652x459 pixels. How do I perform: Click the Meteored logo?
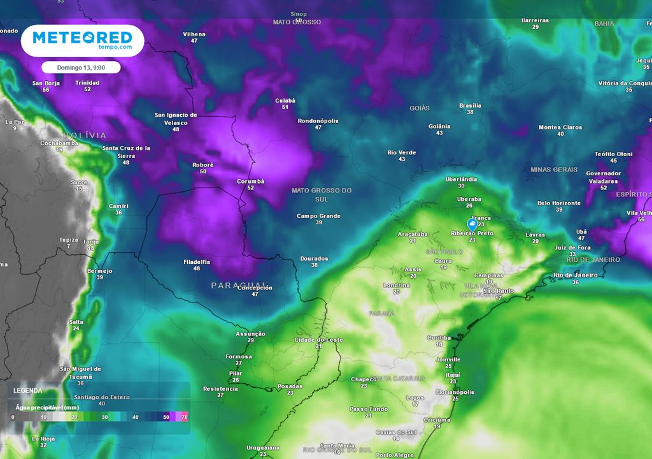coord(82,40)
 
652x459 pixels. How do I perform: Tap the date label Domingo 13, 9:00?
coord(81,67)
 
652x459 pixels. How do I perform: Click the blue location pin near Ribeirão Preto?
coord(472,224)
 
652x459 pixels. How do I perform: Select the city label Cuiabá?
coord(285,100)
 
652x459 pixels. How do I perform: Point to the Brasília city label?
coord(470,105)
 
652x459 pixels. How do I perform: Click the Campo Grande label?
coord(318,216)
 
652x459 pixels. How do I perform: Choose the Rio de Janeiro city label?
coord(576,275)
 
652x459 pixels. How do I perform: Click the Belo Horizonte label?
coord(559,203)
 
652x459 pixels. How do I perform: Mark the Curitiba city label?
coord(439,338)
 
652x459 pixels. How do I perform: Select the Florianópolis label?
coord(455,392)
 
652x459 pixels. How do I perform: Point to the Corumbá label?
coord(250,181)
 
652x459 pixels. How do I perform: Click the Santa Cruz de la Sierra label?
coord(126,152)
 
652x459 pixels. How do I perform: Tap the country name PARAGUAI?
coord(239,285)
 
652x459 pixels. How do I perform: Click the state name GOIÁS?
coord(420,108)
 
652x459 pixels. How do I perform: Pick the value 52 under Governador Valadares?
coord(604,187)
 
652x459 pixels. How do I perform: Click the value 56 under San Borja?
coord(46,90)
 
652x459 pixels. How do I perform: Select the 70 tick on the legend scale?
coord(184,416)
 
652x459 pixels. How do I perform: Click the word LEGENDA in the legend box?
coord(28,390)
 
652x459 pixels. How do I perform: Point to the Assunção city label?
coord(250,334)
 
